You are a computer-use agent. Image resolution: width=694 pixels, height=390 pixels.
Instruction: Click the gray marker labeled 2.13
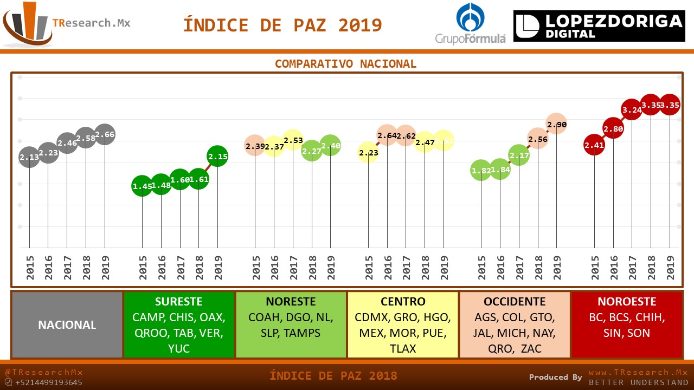29,157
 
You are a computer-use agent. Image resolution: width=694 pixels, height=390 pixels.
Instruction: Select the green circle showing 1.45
142,186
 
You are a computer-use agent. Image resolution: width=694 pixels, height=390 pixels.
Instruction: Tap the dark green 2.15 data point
217,157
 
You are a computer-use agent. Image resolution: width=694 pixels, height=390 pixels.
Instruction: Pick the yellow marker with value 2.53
293,140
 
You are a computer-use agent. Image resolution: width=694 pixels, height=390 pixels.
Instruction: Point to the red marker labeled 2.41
594,145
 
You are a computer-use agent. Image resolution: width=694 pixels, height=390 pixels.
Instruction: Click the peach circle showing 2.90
556,124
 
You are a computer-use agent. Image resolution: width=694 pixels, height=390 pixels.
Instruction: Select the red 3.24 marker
632,109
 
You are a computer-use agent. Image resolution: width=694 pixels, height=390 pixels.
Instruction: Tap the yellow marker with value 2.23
368,153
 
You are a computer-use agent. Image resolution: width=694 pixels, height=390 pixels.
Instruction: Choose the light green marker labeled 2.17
519,155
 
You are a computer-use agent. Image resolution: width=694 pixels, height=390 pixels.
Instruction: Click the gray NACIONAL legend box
67,325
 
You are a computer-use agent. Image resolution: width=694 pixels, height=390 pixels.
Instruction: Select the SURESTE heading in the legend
178,302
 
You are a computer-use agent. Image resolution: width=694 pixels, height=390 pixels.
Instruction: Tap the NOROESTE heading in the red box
627,302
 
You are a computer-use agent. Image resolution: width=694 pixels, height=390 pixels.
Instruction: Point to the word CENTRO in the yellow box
403,302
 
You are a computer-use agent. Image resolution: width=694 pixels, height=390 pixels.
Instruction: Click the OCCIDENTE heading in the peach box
515,302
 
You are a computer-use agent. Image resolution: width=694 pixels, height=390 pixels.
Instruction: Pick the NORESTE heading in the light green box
291,302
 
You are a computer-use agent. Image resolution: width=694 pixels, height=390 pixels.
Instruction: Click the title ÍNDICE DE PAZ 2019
282,25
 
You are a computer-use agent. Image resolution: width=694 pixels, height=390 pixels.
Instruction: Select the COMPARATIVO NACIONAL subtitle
345,64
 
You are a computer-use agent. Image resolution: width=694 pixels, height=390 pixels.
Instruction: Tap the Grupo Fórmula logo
470,23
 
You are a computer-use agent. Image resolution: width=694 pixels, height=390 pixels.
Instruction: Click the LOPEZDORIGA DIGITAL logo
599,26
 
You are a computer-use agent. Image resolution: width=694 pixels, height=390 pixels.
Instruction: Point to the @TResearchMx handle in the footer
44,372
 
